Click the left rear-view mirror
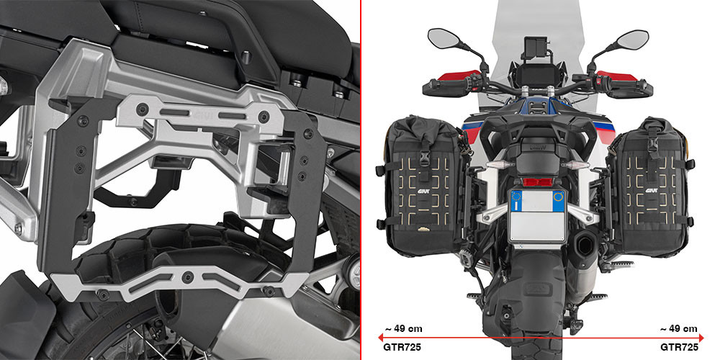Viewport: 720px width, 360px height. tap(444, 37)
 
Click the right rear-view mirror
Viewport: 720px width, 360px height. tap(633, 40)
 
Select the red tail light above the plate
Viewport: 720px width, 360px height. tap(537, 182)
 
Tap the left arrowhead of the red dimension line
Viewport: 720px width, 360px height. tap(381, 338)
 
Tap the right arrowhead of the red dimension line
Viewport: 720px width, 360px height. tap(701, 338)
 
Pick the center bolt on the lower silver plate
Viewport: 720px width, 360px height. tap(186, 277)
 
